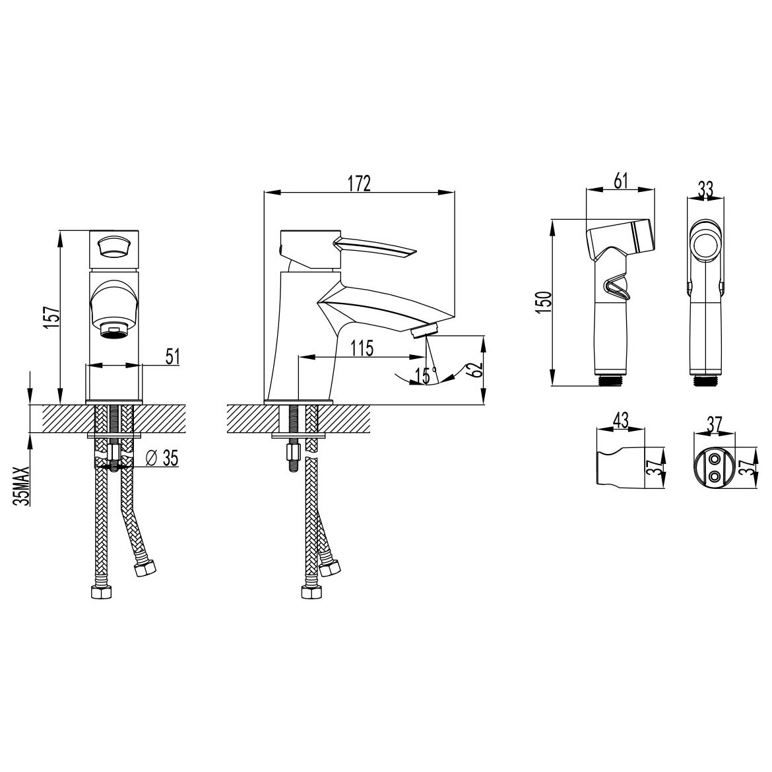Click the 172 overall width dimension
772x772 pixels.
pos(359,183)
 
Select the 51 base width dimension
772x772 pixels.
pos(172,356)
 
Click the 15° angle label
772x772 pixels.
pos(426,375)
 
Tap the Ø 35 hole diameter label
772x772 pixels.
pos(162,459)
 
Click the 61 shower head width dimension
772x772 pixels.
pos(622,181)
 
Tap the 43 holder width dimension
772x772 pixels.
pos(622,420)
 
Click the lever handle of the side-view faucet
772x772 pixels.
pos(374,247)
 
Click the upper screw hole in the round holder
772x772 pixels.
pos(713,459)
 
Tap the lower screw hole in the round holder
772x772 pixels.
pos(713,476)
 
